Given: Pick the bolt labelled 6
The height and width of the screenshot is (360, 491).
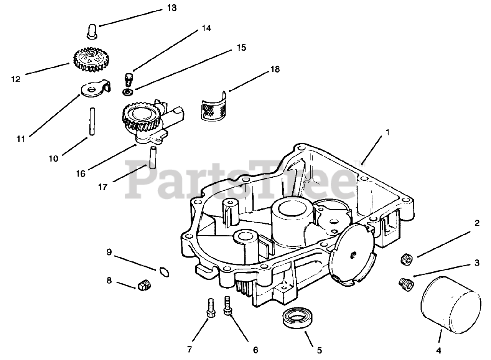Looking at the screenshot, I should [x=227, y=306].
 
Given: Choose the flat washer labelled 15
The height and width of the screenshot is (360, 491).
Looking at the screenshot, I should [x=127, y=92].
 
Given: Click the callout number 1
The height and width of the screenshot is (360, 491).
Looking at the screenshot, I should [x=387, y=133].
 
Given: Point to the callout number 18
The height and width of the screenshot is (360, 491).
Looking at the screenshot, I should [x=275, y=69].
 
